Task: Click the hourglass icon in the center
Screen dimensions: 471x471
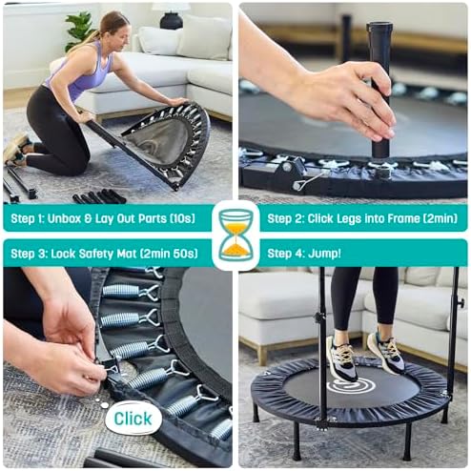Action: pyautogui.click(x=235, y=235)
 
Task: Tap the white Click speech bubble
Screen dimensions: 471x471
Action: pyautogui.click(x=133, y=418)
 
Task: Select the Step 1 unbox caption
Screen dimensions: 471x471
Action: pyautogui.click(x=102, y=218)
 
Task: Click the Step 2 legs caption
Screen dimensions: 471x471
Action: pyautogui.click(x=362, y=218)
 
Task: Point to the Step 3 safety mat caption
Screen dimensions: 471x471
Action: pyautogui.click(x=102, y=253)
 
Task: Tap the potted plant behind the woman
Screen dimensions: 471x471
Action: pyautogui.click(x=79, y=29)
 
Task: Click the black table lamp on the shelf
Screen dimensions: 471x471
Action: pyautogui.click(x=171, y=16)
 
